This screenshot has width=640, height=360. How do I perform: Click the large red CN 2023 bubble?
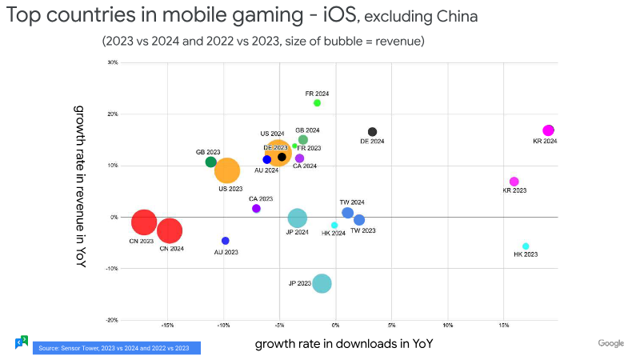[x=143, y=222]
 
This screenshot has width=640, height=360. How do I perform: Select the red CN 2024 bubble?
[x=170, y=231]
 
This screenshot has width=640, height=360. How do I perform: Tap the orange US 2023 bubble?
[x=227, y=170]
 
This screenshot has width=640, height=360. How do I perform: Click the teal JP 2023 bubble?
[x=322, y=283]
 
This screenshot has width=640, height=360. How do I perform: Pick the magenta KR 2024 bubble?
[x=548, y=130]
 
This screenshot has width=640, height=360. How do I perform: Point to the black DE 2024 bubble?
[x=372, y=132]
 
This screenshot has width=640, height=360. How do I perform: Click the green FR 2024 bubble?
[x=317, y=102]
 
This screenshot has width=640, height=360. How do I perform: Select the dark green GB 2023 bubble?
[x=211, y=162]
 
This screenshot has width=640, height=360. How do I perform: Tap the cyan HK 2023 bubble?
[x=526, y=246]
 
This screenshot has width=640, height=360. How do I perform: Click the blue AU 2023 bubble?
[x=226, y=241]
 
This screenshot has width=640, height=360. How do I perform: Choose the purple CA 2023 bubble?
[x=256, y=209]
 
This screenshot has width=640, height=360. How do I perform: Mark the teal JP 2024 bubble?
[x=297, y=218]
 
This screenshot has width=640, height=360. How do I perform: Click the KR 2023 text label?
[x=514, y=191]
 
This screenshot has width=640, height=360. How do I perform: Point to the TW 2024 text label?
[x=352, y=202]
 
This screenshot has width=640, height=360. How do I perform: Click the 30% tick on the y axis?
[x=113, y=62]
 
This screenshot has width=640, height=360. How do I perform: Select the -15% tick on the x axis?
[x=167, y=326]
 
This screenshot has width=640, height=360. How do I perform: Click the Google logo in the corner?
[x=610, y=343]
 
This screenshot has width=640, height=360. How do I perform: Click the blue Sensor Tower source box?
[x=116, y=347]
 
